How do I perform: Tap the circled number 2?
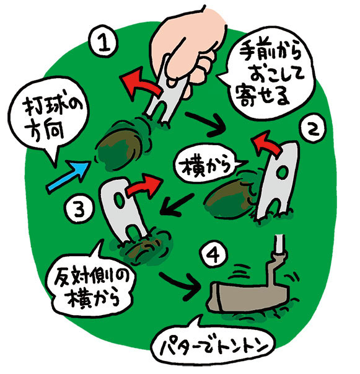click(312, 130)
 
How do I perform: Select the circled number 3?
click(79, 210)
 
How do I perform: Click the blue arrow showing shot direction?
click(68, 176)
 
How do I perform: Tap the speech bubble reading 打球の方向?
click(49, 121)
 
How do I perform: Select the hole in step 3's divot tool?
click(119, 200)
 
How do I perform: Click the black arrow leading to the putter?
click(181, 284)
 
